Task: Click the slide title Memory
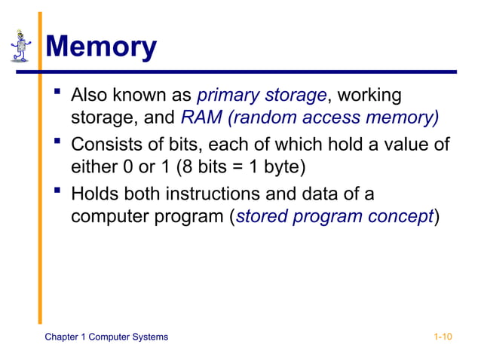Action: click(x=101, y=47)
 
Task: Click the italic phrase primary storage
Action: click(x=262, y=96)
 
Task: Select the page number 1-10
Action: click(x=443, y=336)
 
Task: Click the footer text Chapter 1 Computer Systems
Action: click(x=106, y=336)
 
